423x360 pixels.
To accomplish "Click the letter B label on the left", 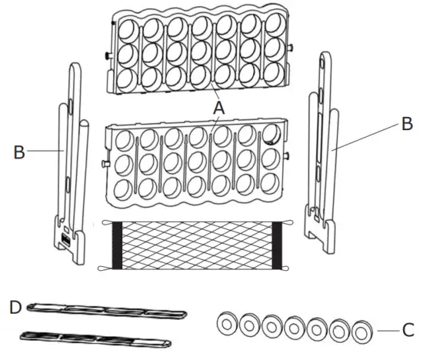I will tap(19, 152).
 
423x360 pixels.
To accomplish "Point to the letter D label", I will tap(13, 308).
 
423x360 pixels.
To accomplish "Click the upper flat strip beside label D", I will tap(108, 311).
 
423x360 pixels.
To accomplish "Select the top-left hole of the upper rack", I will tap(128, 28).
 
